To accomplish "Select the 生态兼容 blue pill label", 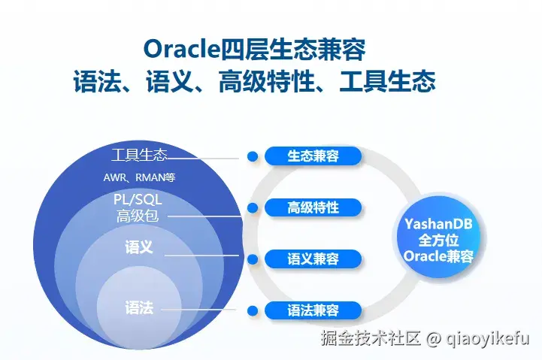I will coord(313,156).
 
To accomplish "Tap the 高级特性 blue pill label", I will coord(313,207).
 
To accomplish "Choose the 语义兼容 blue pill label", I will coord(313,259).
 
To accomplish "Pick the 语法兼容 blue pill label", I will coord(313,310).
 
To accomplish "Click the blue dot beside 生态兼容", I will coord(253,156).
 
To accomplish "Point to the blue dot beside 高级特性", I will coord(253,207).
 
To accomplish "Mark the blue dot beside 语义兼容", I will coord(253,259).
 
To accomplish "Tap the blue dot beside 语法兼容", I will coord(253,310).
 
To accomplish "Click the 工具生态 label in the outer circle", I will coord(138,156).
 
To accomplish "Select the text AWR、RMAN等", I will coord(139,178).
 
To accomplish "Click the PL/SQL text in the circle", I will coord(138,199).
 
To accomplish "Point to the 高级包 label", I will coord(138,216).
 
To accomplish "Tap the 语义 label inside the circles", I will coord(138,247).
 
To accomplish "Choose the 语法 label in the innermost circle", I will coord(138,307).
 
